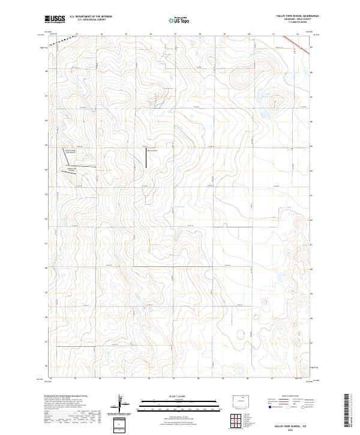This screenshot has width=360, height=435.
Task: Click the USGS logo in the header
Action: tap(55, 19)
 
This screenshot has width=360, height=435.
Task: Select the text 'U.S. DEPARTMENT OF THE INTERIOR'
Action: tap(91, 17)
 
